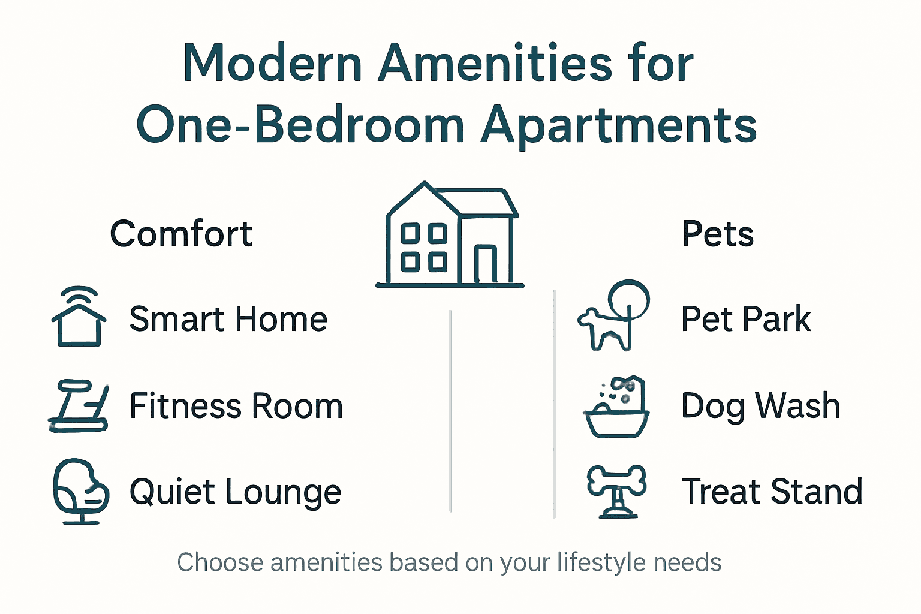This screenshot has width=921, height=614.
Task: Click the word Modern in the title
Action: click(273, 64)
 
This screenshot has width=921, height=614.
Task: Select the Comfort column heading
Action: click(181, 234)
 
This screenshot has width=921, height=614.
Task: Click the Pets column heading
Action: click(717, 234)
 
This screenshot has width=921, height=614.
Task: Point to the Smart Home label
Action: click(228, 319)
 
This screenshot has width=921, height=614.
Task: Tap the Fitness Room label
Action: click(236, 406)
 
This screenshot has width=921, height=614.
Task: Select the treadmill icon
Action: click(79, 406)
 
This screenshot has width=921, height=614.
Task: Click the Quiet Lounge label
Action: click(235, 492)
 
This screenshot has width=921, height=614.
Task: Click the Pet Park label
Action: click(746, 319)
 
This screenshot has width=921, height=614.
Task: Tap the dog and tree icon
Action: click(613, 315)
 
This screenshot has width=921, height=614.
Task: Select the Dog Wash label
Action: click(760, 406)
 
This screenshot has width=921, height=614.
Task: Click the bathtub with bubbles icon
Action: click(616, 407)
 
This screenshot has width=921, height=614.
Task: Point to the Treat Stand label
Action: click(772, 492)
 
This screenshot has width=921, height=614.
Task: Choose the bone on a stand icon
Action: click(616, 491)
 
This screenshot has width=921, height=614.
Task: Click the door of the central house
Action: click(485, 264)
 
